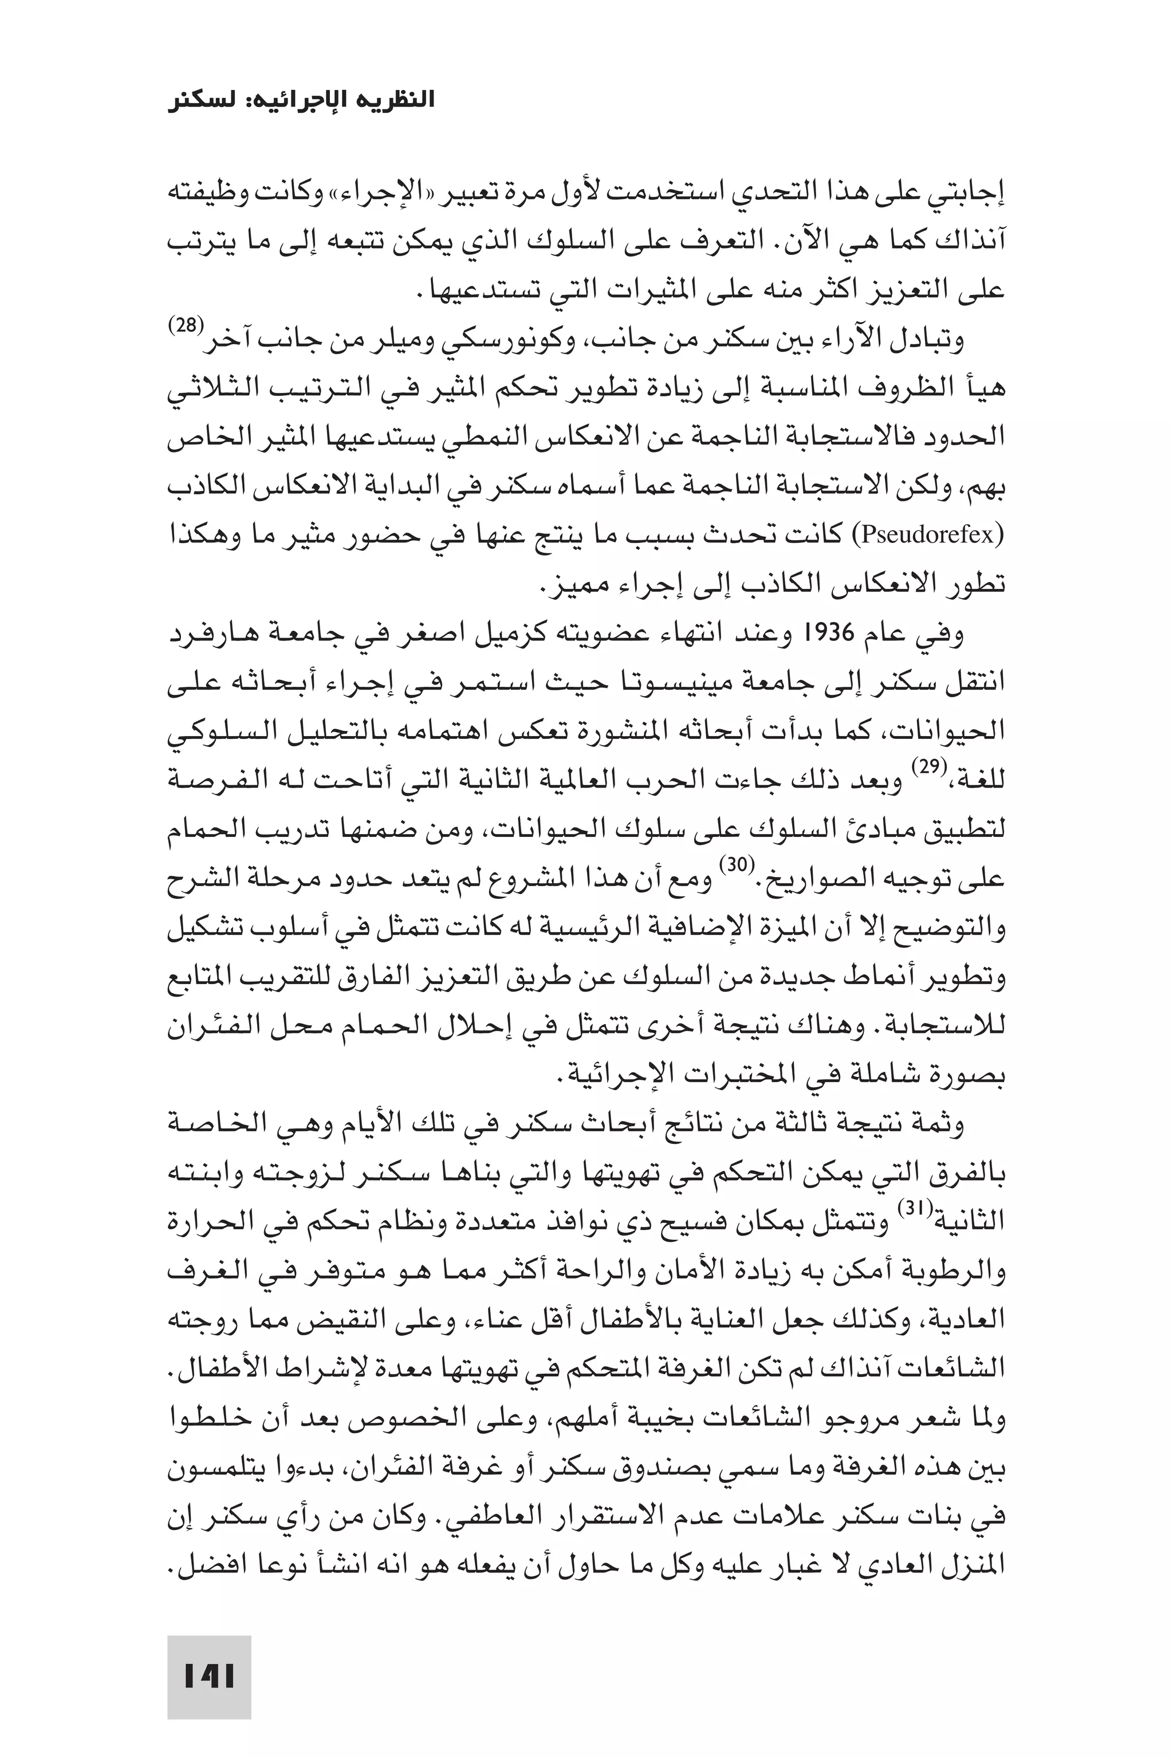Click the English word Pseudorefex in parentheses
click(928, 536)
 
